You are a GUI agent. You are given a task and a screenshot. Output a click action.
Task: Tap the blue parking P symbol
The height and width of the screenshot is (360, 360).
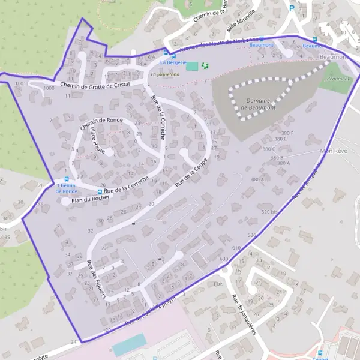(292, 8)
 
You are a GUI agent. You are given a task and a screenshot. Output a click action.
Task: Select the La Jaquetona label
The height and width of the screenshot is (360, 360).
(165, 74)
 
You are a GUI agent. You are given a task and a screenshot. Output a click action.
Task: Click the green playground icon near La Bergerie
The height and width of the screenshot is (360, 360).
(205, 65)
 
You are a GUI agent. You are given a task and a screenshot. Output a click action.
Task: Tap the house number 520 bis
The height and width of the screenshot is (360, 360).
(271, 212)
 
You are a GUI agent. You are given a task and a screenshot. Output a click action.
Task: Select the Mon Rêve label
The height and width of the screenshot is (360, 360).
(334, 151)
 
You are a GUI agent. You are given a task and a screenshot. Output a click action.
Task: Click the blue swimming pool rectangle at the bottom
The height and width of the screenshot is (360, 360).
(128, 344)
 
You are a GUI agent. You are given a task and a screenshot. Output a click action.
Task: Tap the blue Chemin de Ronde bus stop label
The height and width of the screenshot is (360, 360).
(66, 188)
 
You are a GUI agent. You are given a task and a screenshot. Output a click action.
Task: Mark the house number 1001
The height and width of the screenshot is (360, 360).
(22, 83)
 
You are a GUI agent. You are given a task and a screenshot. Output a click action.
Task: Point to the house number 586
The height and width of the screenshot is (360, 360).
(251, 235)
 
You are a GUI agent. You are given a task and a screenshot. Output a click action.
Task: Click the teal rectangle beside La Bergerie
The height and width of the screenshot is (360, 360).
(191, 65)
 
